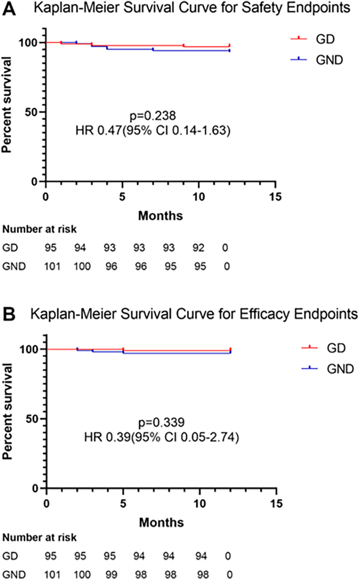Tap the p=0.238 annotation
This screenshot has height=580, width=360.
[153, 116]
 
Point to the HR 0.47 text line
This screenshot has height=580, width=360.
[153, 131]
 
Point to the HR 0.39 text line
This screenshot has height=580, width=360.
[161, 437]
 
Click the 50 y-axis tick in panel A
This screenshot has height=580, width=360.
[32, 112]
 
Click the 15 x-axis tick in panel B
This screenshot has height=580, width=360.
[276, 504]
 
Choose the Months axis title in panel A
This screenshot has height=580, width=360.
[160, 216]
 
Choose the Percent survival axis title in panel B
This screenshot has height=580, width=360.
[7, 411]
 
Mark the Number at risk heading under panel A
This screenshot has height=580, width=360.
[40, 230]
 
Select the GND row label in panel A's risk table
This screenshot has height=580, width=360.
[14, 266]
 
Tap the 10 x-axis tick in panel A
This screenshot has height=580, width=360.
[199, 197]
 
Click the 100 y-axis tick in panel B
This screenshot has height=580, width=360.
[30, 349]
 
